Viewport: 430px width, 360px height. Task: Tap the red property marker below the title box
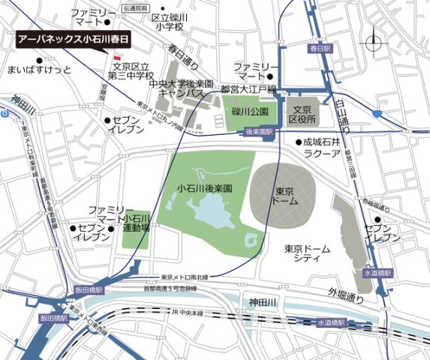116,57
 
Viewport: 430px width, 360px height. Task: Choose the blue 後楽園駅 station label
257,131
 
